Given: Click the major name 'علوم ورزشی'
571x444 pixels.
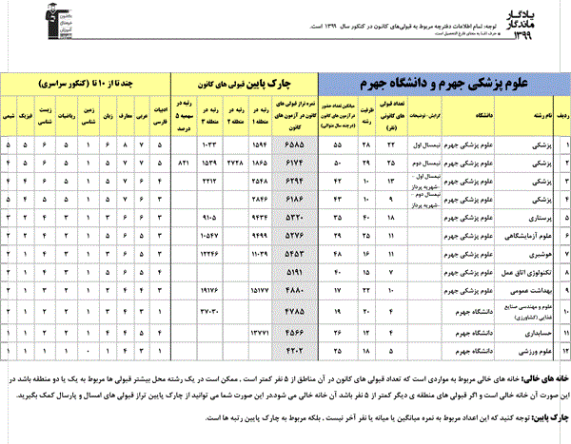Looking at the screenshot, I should [536, 349].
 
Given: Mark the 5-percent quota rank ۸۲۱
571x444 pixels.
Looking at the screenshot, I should [186, 164].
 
